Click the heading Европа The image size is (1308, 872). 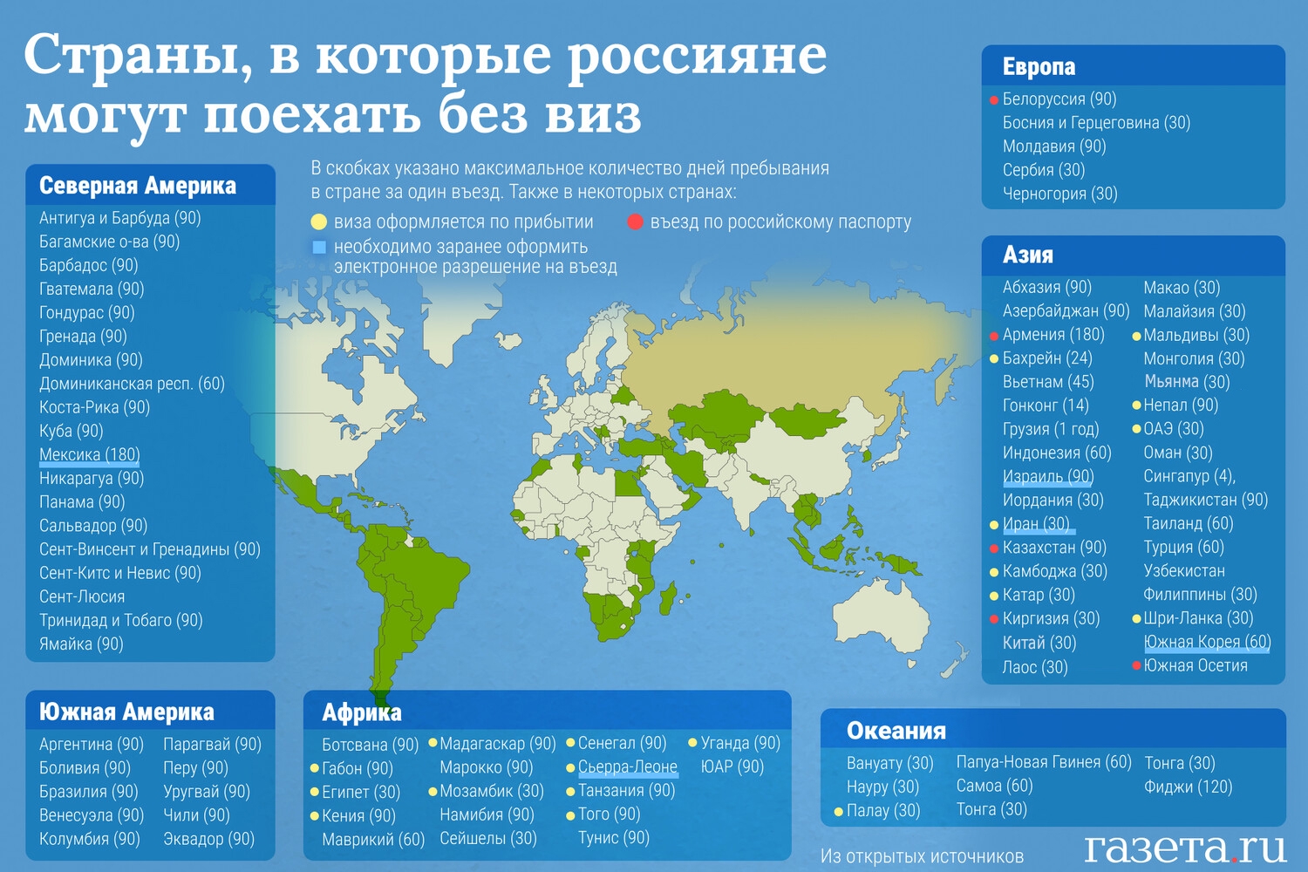(x=1039, y=66)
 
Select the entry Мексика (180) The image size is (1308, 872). (x=89, y=454)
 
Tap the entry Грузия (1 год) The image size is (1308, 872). (x=1051, y=429)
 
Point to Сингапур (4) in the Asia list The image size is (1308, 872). (x=1189, y=477)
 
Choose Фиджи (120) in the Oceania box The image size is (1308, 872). (x=1188, y=787)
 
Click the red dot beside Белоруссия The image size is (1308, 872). (x=994, y=100)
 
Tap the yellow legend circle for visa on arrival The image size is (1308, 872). (x=318, y=222)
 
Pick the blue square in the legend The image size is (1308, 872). (x=319, y=248)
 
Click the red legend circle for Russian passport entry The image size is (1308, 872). (x=636, y=222)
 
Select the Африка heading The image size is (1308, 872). (x=362, y=712)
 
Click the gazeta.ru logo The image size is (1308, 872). (x=1185, y=848)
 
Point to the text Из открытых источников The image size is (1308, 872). (x=922, y=856)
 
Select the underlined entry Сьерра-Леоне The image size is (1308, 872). (x=628, y=766)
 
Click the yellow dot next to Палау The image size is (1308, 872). (x=839, y=811)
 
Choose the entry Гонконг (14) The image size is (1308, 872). (x=1046, y=405)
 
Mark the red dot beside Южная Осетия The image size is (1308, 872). (x=1136, y=666)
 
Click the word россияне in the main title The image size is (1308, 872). (x=698, y=57)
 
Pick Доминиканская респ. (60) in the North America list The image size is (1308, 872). (x=132, y=384)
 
